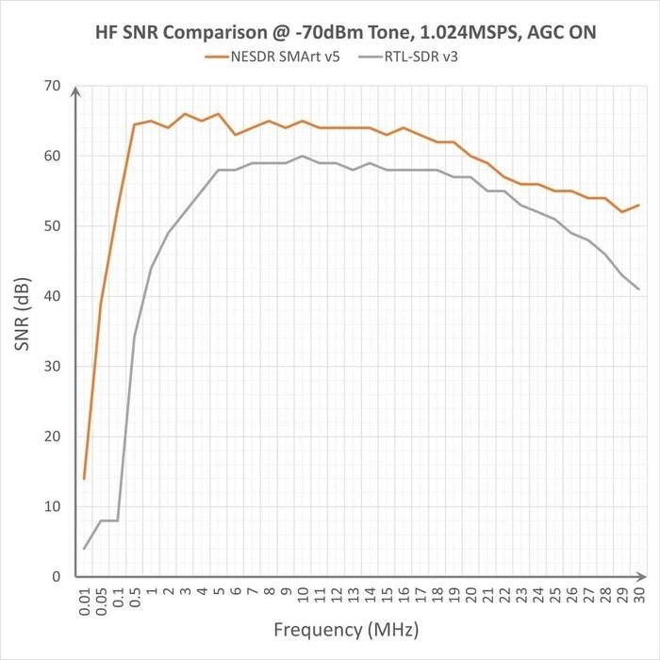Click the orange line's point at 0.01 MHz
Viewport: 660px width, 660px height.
pyautogui.click(x=84, y=478)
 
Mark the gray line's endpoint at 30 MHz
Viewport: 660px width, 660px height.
pyautogui.click(x=638, y=289)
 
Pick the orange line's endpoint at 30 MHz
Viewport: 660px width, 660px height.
pyautogui.click(x=638, y=205)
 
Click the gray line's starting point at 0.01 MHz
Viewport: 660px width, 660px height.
pyautogui.click(x=84, y=548)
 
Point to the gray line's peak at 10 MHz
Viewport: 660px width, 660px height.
pyautogui.click(x=302, y=156)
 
